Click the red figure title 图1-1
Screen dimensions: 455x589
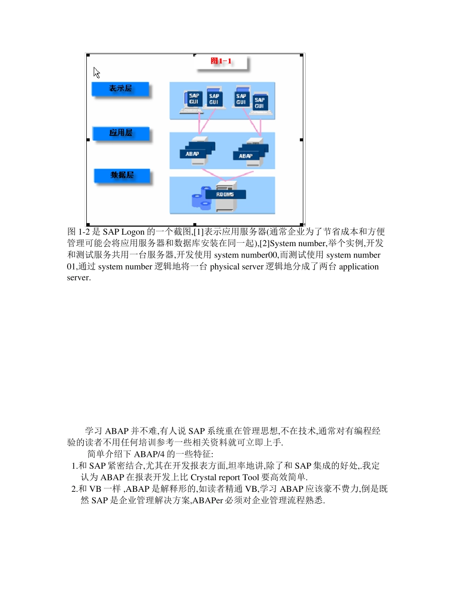(x=221, y=61)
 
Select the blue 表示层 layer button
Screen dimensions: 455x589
(x=120, y=89)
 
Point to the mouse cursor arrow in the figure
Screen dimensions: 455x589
(x=96, y=72)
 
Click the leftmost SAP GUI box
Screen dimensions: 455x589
(x=193, y=99)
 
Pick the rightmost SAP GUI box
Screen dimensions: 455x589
(x=259, y=102)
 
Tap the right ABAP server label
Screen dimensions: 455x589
(x=246, y=156)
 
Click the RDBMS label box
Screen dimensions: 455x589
(x=225, y=194)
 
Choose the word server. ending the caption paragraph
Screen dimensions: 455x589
(x=79, y=278)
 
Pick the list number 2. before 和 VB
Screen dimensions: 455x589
(x=74, y=489)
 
